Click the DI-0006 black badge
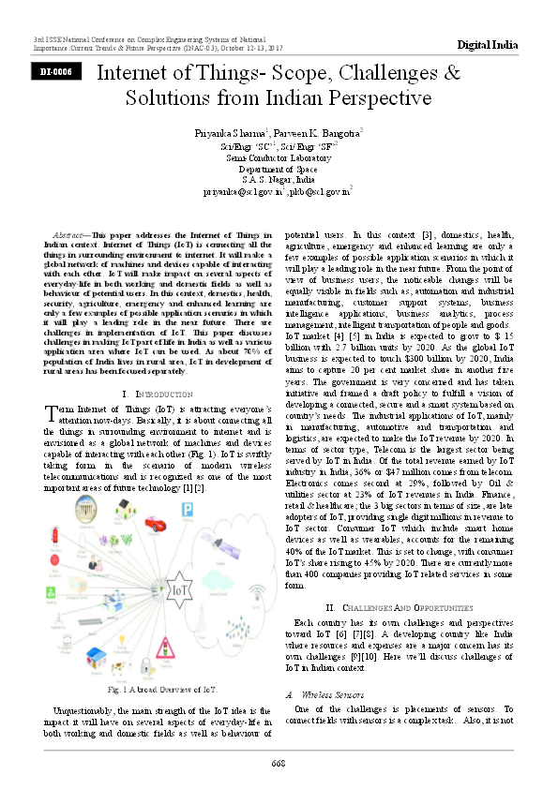pyautogui.click(x=53, y=71)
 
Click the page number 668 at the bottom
pyautogui.click(x=279, y=763)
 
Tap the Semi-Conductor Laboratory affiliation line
pyautogui.click(x=279, y=157)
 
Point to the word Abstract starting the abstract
pyautogui.click(x=71, y=232)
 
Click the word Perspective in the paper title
pyautogui.click(x=387, y=98)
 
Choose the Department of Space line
pyautogui.click(x=279, y=169)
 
